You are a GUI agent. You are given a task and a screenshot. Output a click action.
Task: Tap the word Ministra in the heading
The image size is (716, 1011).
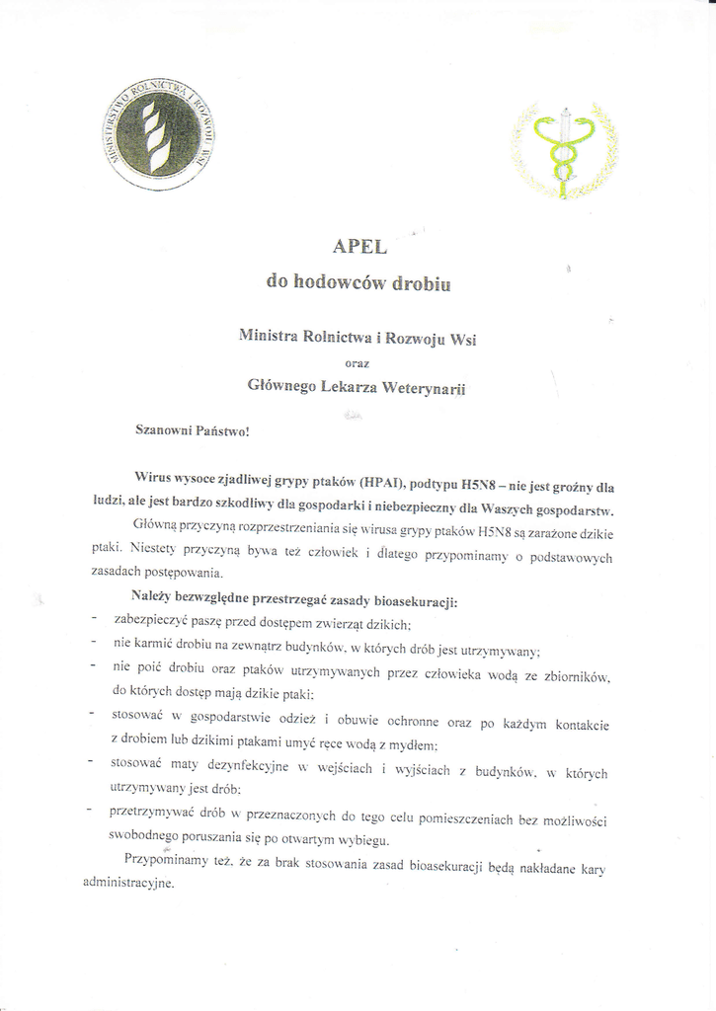click(269, 336)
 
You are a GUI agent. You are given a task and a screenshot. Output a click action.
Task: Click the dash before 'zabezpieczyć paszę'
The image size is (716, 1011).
click(92, 619)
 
